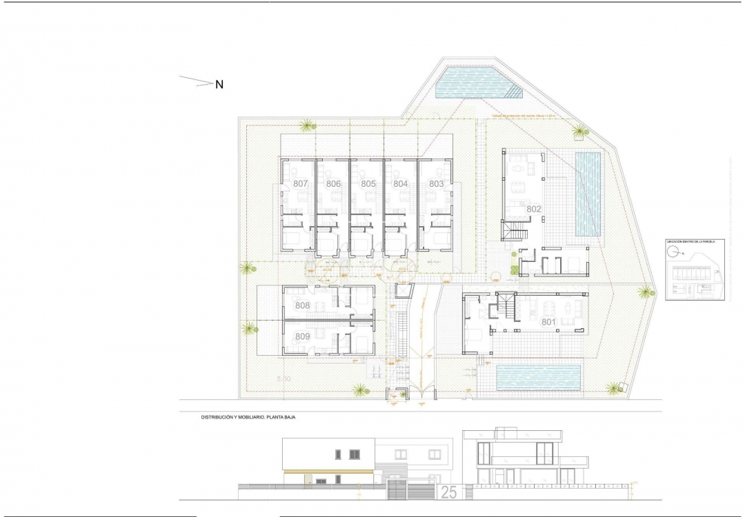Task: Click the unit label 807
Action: [300, 184]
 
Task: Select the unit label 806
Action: [334, 184]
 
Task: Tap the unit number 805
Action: [368, 184]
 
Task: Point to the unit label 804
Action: [401, 184]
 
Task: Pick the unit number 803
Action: [436, 184]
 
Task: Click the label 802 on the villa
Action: [534, 209]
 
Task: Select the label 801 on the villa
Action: [548, 321]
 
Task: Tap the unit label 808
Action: [302, 305]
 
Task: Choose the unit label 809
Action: [302, 336]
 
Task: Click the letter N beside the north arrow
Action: [219, 85]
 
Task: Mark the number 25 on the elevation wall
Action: [449, 492]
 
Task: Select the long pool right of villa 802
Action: [588, 194]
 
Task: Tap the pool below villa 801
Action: [537, 376]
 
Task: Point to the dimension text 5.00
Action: [284, 379]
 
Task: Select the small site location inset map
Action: [695, 270]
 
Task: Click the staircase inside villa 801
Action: [506, 305]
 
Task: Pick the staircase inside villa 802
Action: [516, 230]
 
